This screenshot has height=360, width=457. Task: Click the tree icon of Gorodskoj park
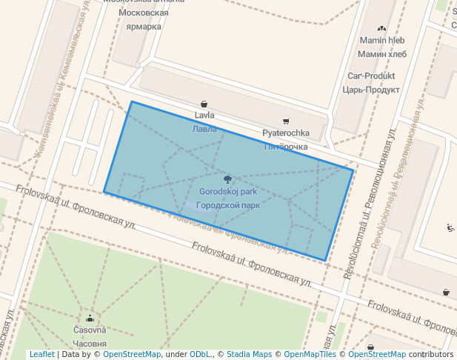point(227,179)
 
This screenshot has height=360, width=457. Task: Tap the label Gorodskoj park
point(228,192)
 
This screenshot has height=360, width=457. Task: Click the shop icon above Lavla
point(204,104)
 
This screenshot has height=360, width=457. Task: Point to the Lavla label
point(204,116)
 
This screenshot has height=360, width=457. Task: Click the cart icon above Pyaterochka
point(286,121)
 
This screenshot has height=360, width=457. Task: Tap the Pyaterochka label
point(286,133)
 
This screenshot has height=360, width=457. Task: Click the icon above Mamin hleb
point(381,28)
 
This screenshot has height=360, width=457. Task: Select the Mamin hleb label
point(381,40)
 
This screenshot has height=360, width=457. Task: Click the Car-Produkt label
point(371,76)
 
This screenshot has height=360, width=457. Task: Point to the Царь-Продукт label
point(371,90)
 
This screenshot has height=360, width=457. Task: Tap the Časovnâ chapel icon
point(90,318)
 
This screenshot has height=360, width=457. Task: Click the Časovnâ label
point(90,330)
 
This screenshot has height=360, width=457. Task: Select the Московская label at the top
point(143,13)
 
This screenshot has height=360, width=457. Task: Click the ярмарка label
point(144,27)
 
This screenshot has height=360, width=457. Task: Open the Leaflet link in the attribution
point(41,355)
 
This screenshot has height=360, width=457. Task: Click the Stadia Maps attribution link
point(249,355)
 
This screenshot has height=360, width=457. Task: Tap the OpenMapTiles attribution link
point(312,355)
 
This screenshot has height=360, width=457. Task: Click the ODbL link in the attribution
point(200,355)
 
